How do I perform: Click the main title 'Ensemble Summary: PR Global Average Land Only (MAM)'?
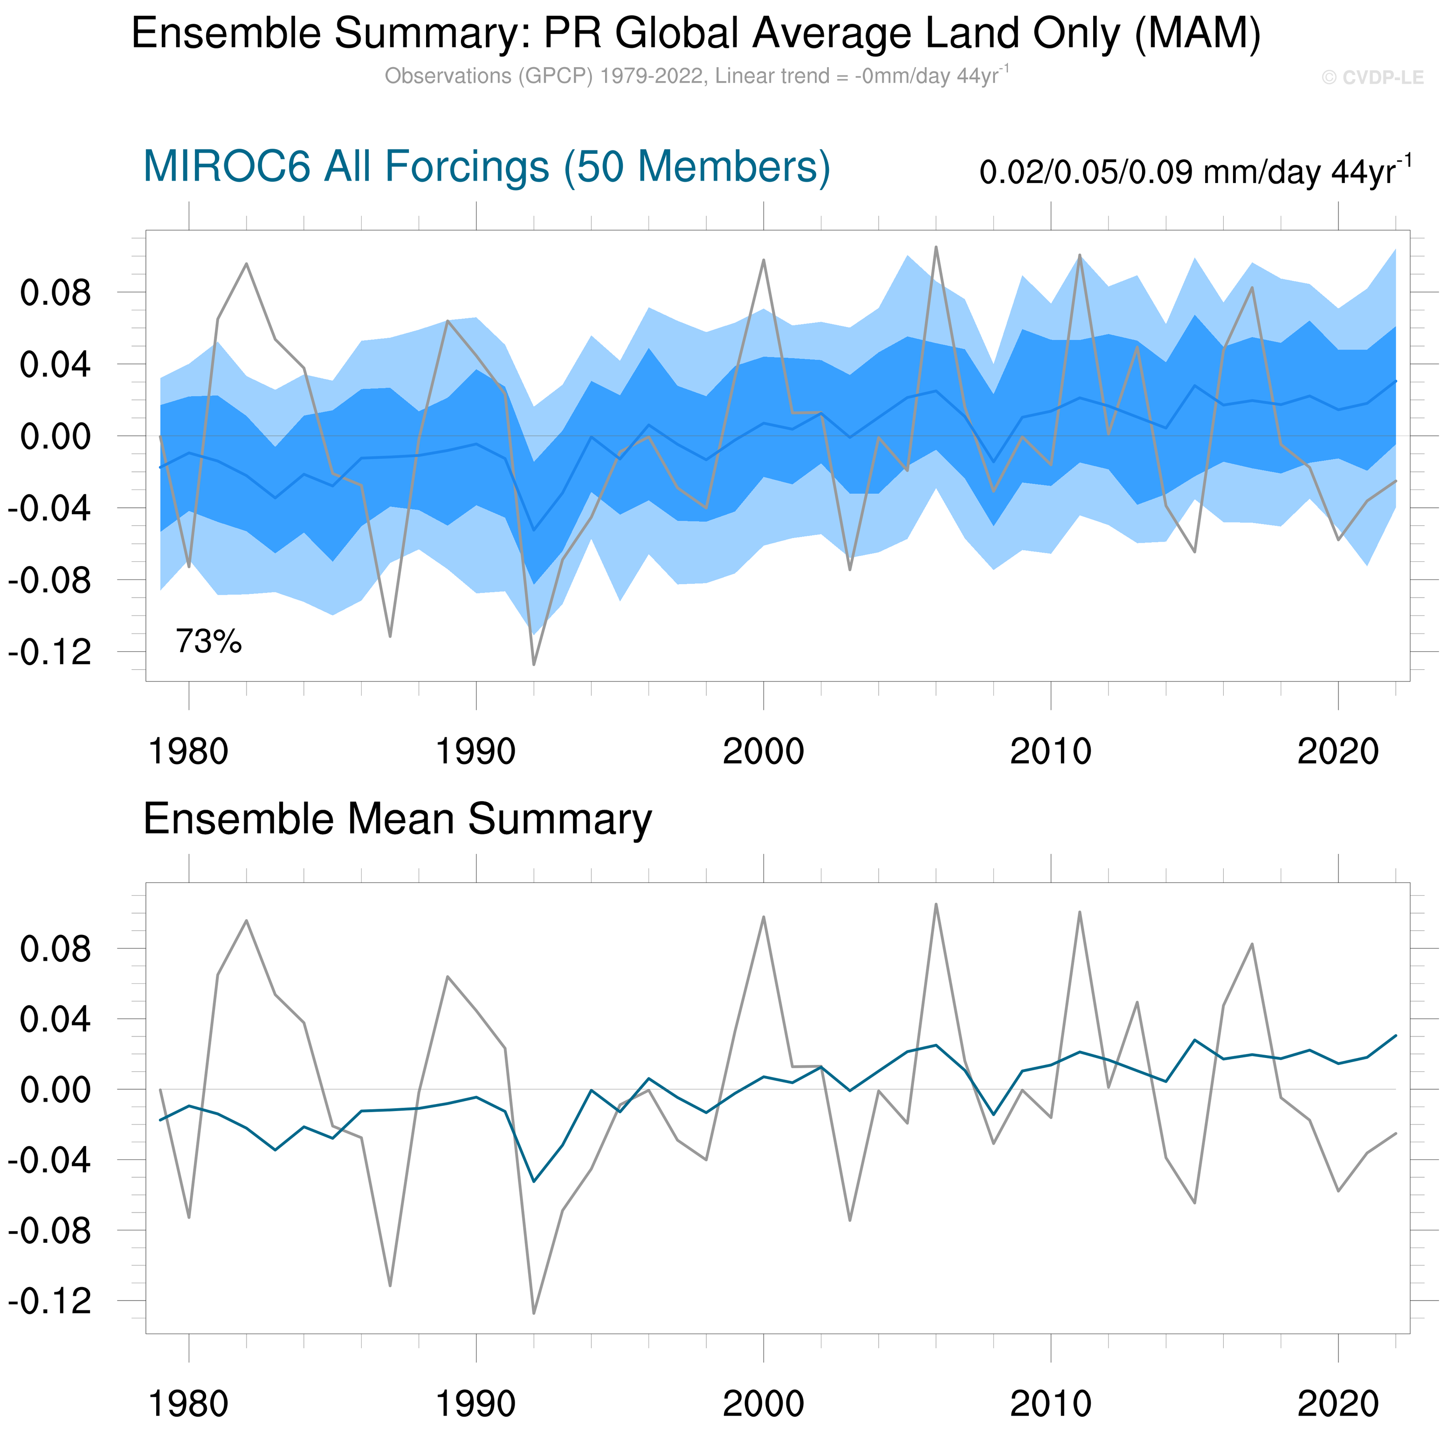[x=696, y=34]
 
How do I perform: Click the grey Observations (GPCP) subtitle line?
[x=696, y=76]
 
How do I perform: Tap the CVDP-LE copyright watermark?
[x=1372, y=78]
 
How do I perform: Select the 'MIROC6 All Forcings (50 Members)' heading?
[x=486, y=166]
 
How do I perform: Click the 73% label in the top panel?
[x=208, y=641]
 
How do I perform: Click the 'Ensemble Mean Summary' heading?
[x=397, y=819]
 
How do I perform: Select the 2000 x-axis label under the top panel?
[x=763, y=751]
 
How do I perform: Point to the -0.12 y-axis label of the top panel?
[x=49, y=652]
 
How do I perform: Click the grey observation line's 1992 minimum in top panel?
[x=534, y=664]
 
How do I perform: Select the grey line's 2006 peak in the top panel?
[x=936, y=246]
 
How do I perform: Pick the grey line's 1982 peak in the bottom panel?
[x=247, y=921]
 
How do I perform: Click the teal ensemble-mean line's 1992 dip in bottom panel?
[x=534, y=1181]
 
